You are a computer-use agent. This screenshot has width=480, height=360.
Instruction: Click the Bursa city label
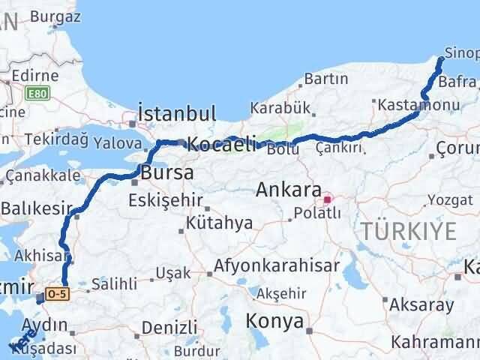coord(167,173)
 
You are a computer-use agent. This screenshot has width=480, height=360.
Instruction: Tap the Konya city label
coord(275,322)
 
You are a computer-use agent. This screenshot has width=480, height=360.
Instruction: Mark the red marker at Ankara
coord(327,199)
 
